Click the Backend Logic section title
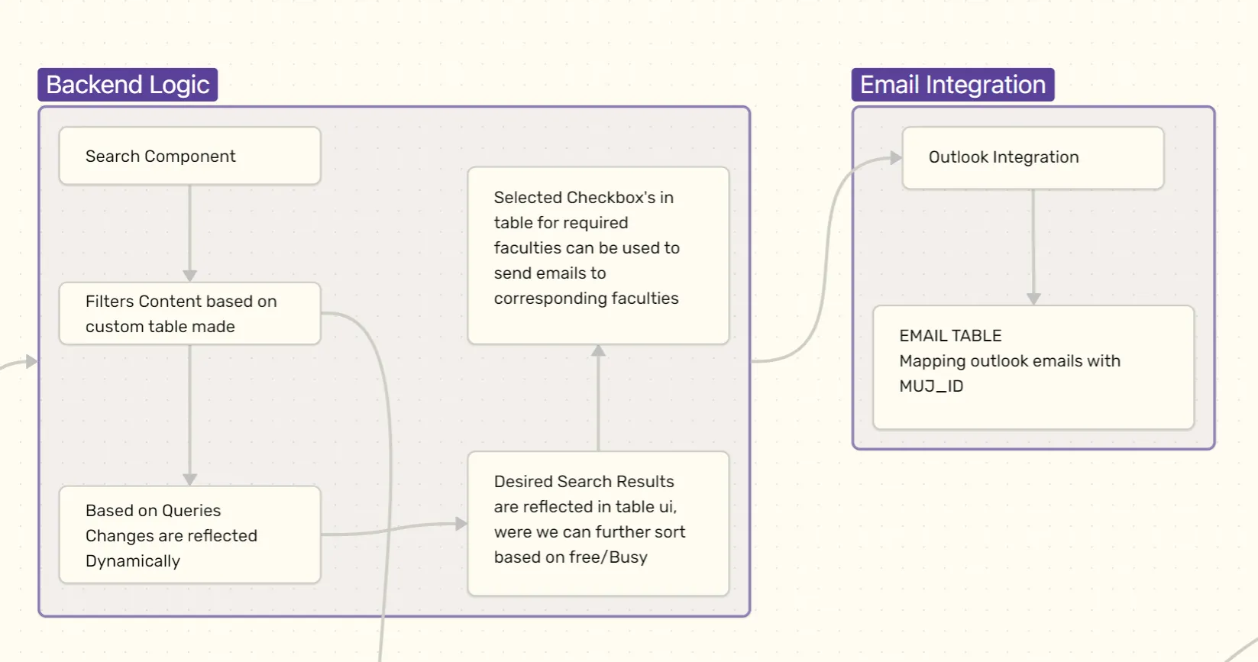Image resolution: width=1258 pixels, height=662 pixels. [128, 85]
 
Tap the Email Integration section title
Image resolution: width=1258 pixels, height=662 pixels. [952, 85]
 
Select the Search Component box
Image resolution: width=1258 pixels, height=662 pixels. [189, 156]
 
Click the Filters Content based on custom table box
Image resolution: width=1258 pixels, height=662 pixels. [189, 314]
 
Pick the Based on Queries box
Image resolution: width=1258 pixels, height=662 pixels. [189, 535]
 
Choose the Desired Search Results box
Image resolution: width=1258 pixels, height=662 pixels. [598, 523]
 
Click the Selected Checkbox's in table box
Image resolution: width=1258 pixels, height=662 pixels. [598, 255]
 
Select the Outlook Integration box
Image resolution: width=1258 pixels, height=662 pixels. [1033, 157]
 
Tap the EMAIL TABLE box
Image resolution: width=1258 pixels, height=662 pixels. [1033, 367]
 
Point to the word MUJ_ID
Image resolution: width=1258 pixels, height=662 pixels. [931, 386]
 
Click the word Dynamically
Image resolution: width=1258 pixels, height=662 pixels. [133, 561]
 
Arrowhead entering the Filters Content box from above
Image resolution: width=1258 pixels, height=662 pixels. [190, 276]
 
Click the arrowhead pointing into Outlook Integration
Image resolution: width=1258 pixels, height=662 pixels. [896, 158]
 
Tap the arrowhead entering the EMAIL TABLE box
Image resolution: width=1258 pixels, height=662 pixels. [1033, 299]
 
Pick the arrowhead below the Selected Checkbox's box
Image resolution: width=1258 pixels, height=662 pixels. [599, 350]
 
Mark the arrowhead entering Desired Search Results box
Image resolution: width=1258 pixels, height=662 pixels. [461, 524]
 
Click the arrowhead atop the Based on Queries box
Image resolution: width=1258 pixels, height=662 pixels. [190, 480]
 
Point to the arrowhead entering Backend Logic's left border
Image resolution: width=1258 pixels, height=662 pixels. [31, 361]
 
